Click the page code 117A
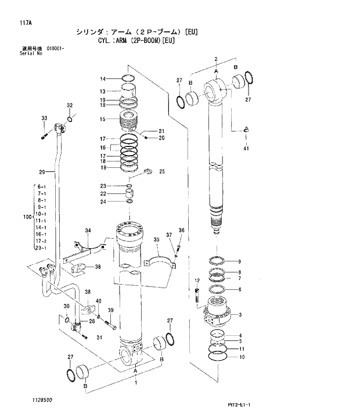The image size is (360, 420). click(x=25, y=23)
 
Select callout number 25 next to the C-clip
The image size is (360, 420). click(x=162, y=171)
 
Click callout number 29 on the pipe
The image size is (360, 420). click(x=41, y=172)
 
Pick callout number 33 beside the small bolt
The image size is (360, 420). click(x=43, y=119)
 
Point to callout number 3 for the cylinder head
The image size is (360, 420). click(x=240, y=315)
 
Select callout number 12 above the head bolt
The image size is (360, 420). click(x=197, y=281)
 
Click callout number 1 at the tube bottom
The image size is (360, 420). click(x=136, y=383)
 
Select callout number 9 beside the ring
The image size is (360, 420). click(x=240, y=261)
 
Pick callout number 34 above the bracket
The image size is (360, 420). click(x=88, y=231)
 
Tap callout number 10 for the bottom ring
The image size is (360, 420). click(x=242, y=357)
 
